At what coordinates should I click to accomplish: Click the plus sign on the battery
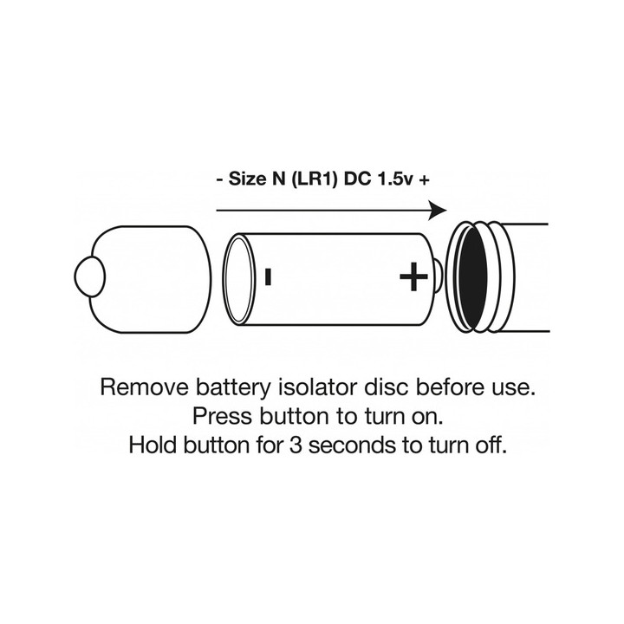413,276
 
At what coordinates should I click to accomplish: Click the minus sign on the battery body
268,277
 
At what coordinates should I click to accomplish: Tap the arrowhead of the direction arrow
438,210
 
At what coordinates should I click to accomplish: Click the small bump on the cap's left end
90,276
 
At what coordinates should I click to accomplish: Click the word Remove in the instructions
145,387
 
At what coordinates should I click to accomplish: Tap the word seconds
352,445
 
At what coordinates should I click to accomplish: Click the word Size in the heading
247,179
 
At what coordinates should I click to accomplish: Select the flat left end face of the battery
237,278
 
